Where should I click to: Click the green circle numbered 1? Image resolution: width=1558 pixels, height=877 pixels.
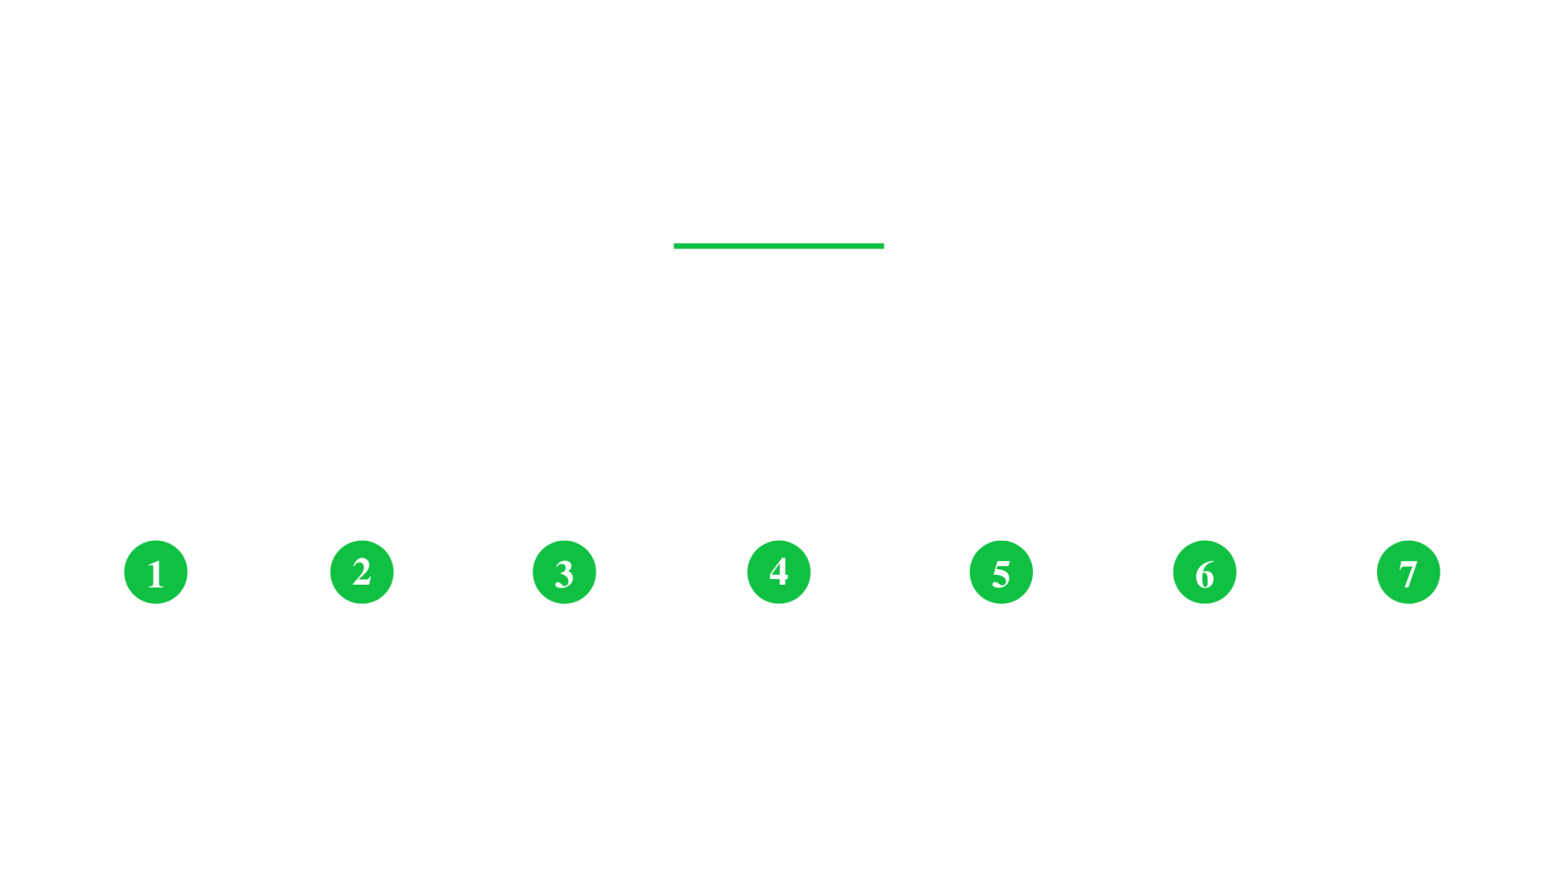pos(156,572)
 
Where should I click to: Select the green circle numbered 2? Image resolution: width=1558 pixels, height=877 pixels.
pos(362,572)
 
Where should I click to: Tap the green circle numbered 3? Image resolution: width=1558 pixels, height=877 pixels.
pos(564,572)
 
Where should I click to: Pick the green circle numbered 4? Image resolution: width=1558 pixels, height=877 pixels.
pos(779,572)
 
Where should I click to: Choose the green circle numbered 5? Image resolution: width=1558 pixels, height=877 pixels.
pos(1001,572)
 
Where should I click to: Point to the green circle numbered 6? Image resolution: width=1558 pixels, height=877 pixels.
pos(1205,572)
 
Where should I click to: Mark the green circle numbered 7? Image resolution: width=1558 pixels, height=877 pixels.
pos(1409,572)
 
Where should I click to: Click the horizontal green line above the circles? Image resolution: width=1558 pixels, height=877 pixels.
pos(779,246)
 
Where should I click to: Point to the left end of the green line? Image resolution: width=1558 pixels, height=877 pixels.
pos(674,246)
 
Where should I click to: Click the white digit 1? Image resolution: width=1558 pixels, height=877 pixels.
pos(156,573)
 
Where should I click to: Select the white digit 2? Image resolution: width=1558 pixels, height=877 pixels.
pos(362,572)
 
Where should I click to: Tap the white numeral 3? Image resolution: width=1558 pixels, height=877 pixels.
pos(564,573)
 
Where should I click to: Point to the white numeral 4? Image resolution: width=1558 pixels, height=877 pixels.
pos(779,572)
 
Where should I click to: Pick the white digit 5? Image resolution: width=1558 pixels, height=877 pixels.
pos(1001,573)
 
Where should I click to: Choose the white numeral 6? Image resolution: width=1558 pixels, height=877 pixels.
pos(1205,573)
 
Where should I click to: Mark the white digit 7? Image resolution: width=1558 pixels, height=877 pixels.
pos(1409,573)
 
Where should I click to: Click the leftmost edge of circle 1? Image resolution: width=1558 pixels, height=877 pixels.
pos(124,572)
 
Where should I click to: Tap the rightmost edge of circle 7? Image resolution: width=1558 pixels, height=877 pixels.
pos(1440,572)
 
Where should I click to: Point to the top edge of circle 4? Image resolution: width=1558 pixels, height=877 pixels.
pos(779,540)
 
